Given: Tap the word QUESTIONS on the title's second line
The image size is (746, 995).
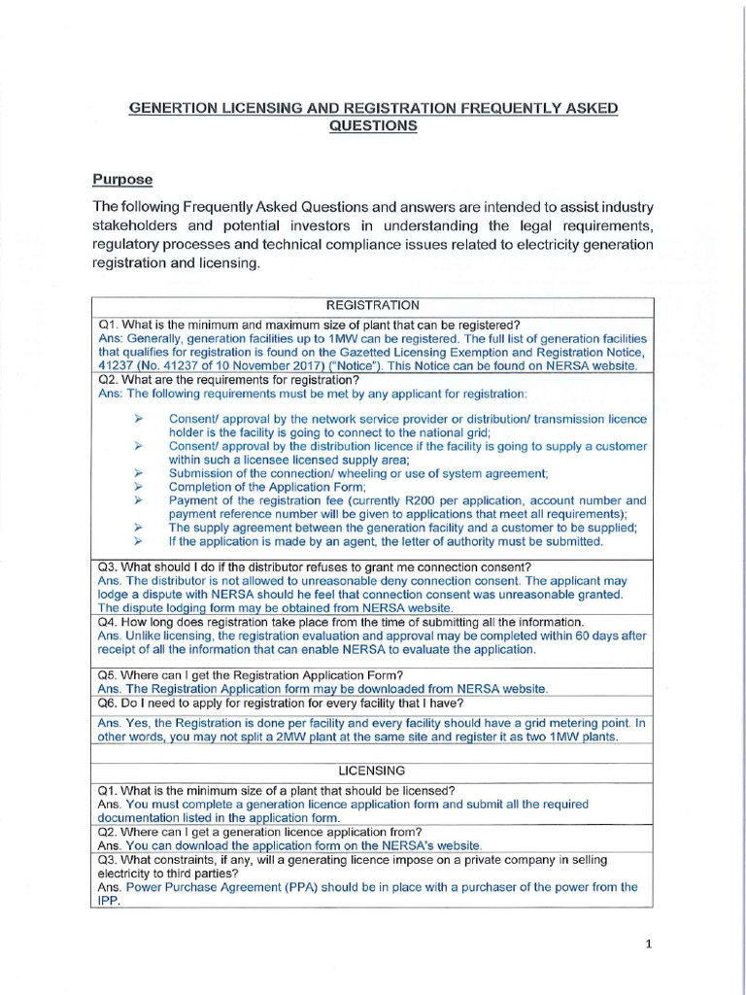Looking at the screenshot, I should (373, 126).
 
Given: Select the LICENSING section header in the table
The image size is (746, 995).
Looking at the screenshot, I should (373, 770).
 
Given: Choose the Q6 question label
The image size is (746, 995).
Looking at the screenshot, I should (108, 703).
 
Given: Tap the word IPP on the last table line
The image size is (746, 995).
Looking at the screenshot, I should (107, 901).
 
